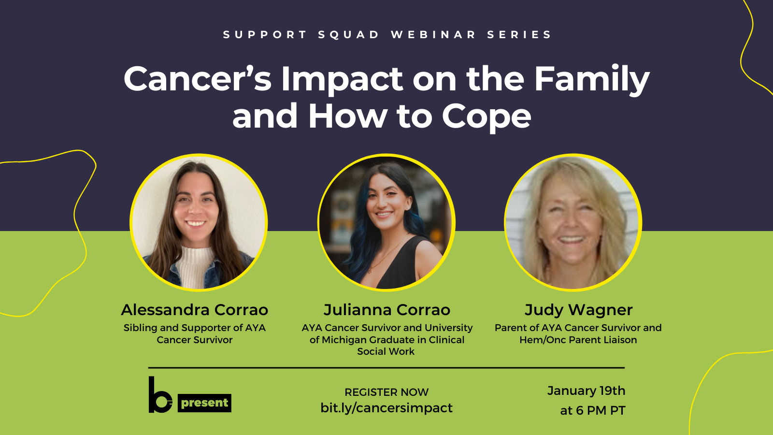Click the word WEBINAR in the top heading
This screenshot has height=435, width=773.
coord(433,35)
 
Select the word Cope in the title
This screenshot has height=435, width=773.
coord(486,117)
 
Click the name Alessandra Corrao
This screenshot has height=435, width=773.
coord(195,310)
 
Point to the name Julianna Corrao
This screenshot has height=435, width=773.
coord(386,310)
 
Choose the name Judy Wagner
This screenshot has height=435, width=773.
coord(578,310)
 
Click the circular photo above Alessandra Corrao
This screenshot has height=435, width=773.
coord(199,222)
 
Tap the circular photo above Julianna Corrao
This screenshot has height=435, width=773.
coord(386,222)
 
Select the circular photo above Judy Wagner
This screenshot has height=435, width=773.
coord(573,222)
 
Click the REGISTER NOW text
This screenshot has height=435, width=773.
coord(386,392)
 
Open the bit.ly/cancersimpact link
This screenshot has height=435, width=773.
coord(386,408)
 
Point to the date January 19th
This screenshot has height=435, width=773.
coord(586,391)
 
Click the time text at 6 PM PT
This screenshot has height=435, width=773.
coord(592,410)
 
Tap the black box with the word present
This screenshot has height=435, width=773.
coord(205,403)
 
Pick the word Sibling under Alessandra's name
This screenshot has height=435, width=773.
coord(140,328)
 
